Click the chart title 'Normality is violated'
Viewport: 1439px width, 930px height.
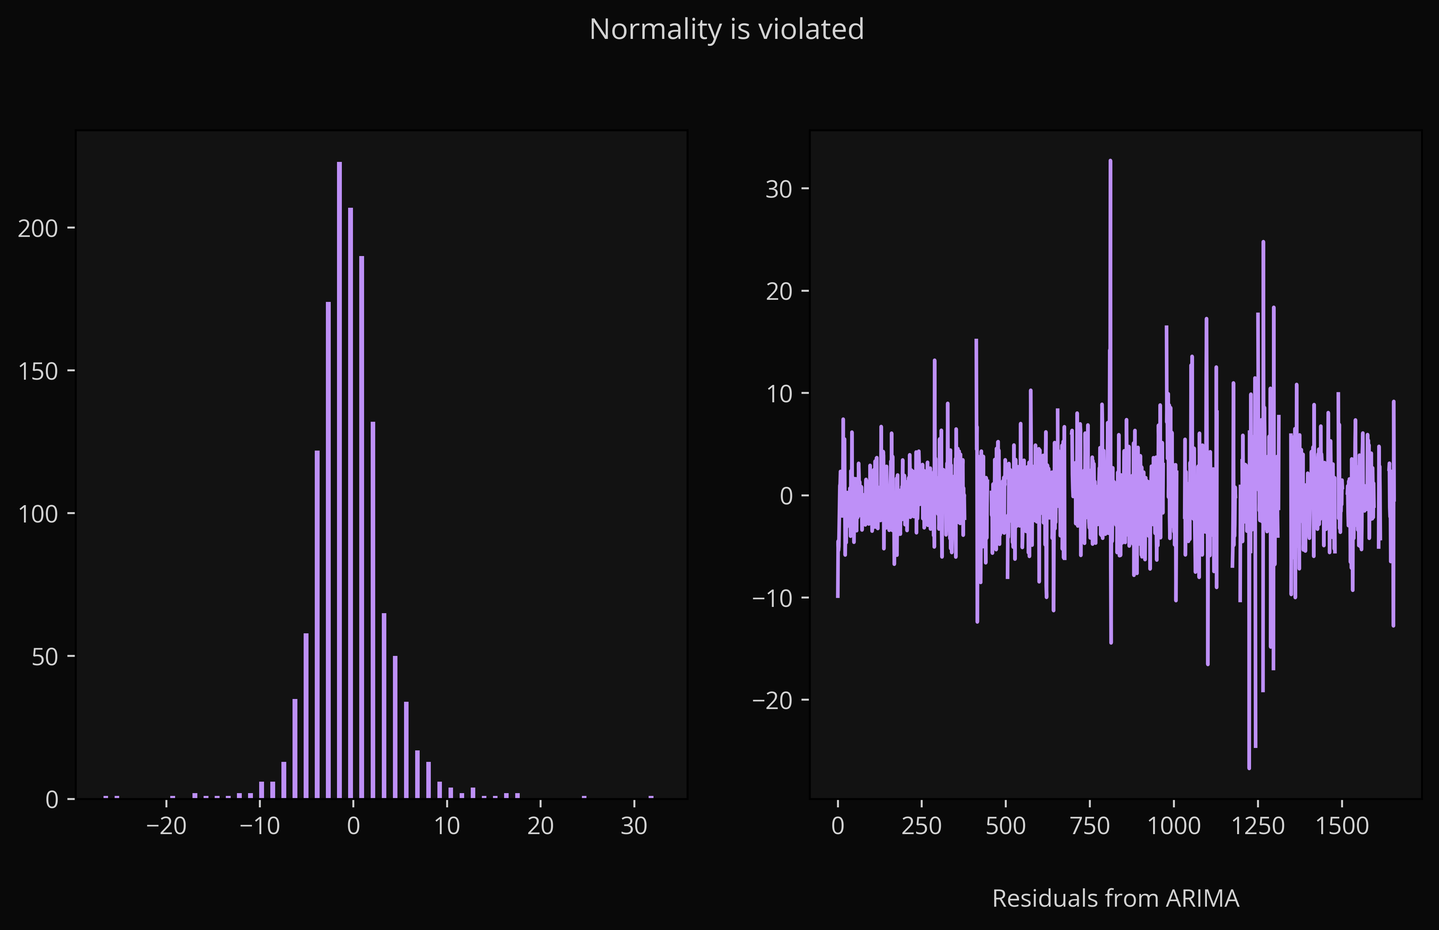pyautogui.click(x=726, y=29)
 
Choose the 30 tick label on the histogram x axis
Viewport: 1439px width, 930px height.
pyautogui.click(x=634, y=825)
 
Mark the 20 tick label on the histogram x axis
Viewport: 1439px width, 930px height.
pyautogui.click(x=541, y=825)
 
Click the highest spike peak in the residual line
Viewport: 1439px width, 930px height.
pyautogui.click(x=1110, y=160)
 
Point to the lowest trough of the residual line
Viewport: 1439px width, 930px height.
pyautogui.click(x=1249, y=768)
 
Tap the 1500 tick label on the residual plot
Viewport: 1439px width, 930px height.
pyautogui.click(x=1342, y=825)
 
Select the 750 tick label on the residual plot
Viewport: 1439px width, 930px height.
pyautogui.click(x=1090, y=825)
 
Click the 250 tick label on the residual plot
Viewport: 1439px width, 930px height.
pyautogui.click(x=921, y=825)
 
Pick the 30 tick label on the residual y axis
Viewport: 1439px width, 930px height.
pyautogui.click(x=778, y=189)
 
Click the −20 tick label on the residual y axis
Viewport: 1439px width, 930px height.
pyautogui.click(x=772, y=700)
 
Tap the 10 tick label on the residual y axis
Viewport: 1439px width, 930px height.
pyautogui.click(x=778, y=393)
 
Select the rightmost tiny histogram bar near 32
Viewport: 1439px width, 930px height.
pyautogui.click(x=651, y=797)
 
